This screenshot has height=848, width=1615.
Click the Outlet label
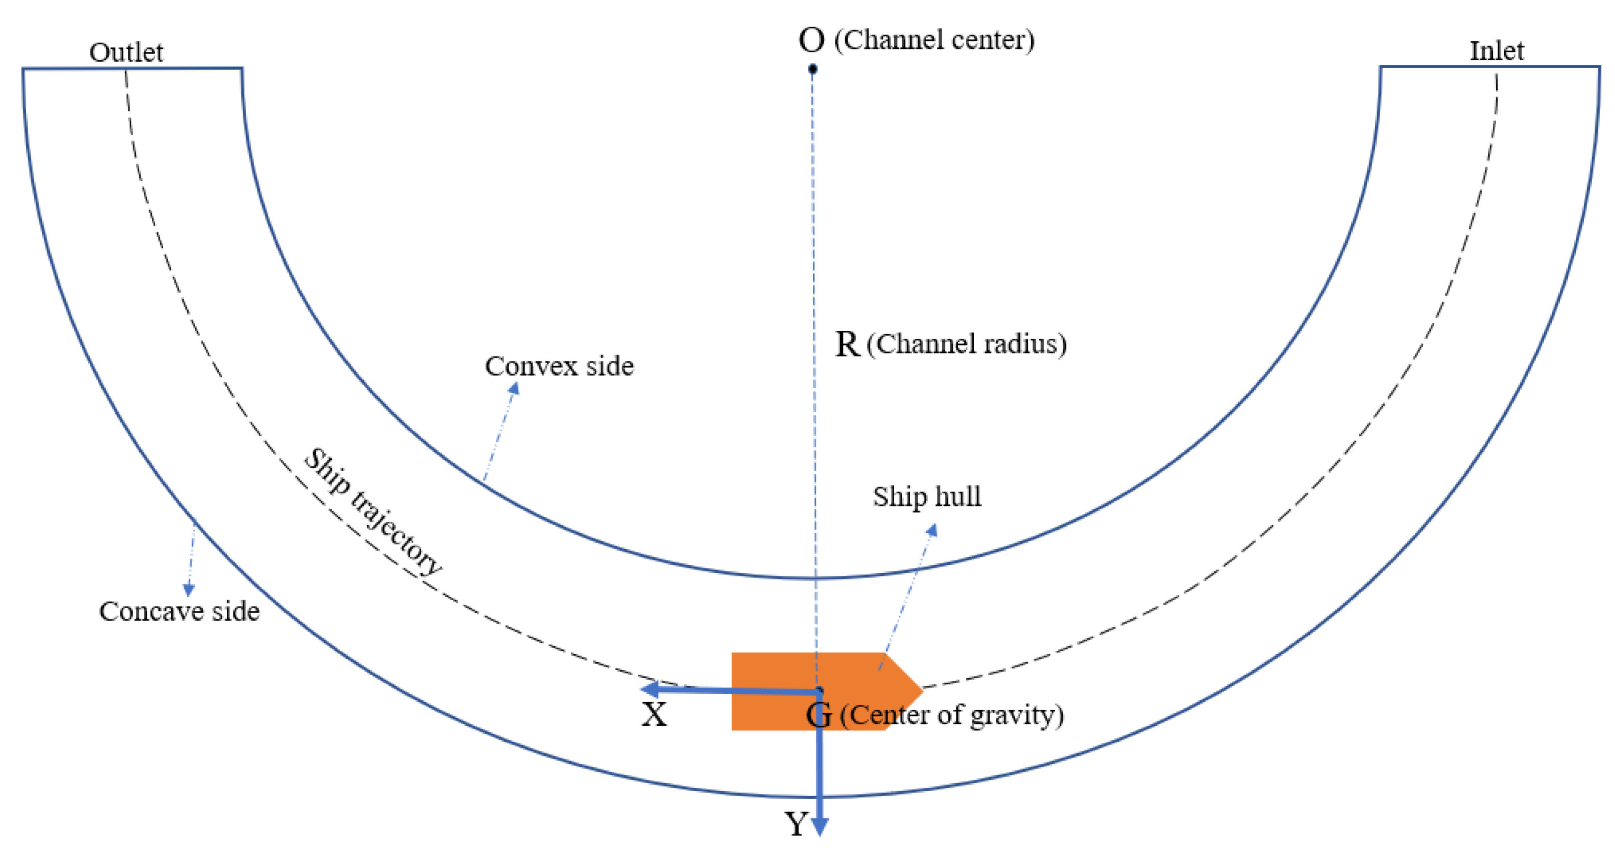126,52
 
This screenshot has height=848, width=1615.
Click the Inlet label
1497,51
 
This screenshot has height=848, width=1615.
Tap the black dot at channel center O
812,69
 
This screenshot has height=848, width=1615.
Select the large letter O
811,40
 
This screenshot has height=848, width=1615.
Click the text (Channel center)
934,40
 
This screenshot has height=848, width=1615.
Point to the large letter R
847,344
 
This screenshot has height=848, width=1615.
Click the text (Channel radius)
966,344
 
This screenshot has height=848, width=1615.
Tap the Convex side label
559,366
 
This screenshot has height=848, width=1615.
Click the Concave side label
179,611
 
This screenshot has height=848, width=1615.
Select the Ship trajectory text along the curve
372,512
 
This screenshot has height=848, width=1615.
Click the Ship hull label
927,496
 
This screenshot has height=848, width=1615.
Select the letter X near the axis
654,714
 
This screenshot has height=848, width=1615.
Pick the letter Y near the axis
796,824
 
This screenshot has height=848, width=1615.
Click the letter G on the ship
819,715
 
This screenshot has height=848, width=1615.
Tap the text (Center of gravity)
951,715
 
